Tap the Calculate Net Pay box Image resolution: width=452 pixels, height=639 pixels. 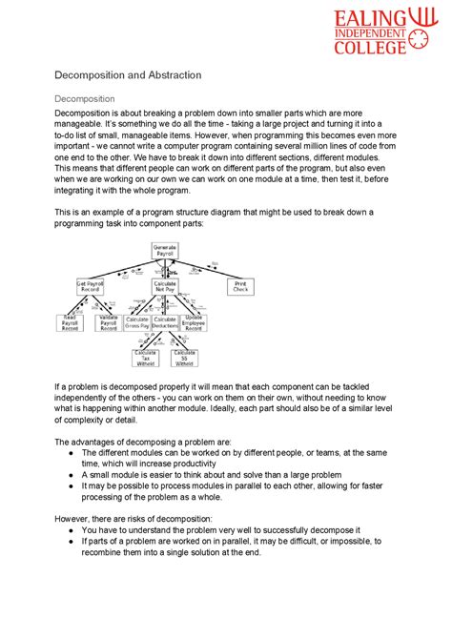coord(166,287)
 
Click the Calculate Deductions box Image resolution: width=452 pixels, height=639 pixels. coord(165,322)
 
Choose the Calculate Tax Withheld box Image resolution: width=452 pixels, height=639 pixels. coord(145,358)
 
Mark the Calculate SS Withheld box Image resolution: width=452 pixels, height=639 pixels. coord(184,358)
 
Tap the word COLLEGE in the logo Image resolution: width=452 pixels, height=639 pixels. coord(381,51)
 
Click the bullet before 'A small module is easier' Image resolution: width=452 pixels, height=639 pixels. coord(73,474)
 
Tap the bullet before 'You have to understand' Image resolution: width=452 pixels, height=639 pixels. coord(73,528)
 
